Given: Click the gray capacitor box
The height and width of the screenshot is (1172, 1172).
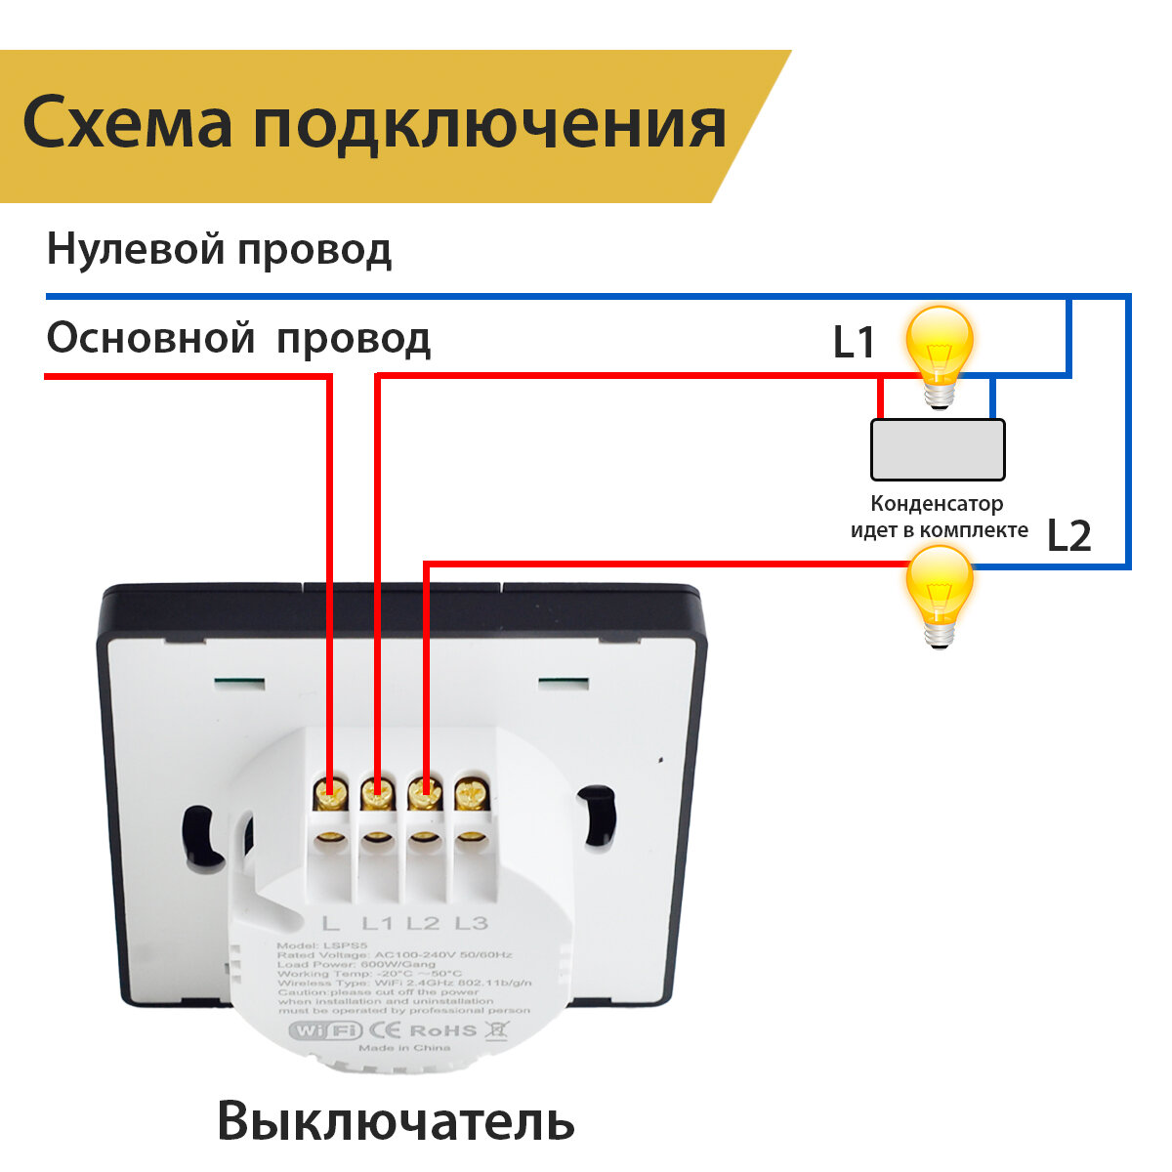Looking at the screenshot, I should click(x=938, y=449).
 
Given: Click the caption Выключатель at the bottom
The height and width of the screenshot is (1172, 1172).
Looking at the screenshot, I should click(x=396, y=1120).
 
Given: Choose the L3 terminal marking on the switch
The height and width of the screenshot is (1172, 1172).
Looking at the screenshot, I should click(x=471, y=922).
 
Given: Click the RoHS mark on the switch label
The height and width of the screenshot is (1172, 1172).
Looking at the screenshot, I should click(x=442, y=1029).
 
